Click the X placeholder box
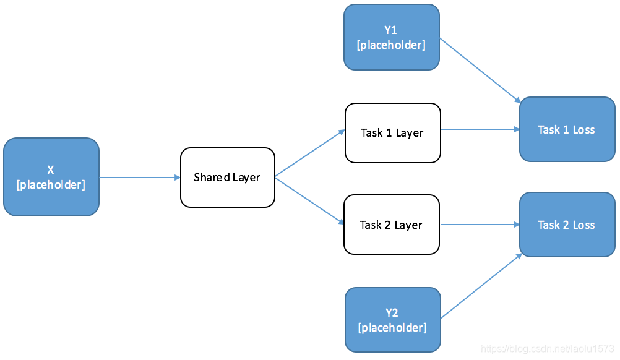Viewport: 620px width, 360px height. pyautogui.click(x=51, y=177)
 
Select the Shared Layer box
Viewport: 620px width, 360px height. pyautogui.click(x=227, y=177)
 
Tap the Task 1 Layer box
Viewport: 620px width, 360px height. pyautogui.click(x=392, y=133)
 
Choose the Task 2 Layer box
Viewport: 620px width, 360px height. pyautogui.click(x=391, y=225)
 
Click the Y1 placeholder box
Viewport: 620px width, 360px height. pyautogui.click(x=391, y=37)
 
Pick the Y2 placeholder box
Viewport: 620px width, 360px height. pyautogui.click(x=392, y=320)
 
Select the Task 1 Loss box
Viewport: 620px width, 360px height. pyautogui.click(x=567, y=129)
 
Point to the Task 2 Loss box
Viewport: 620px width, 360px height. pyautogui.click(x=567, y=225)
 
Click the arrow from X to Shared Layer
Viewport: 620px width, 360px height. pyautogui.click(x=139, y=178)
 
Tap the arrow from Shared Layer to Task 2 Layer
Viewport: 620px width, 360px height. pyautogui.click(x=309, y=201)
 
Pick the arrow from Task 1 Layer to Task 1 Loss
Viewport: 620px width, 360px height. pyautogui.click(x=480, y=129)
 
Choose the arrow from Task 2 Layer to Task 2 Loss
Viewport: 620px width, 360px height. pyautogui.click(x=480, y=225)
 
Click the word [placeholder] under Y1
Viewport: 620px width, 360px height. pyautogui.click(x=391, y=45)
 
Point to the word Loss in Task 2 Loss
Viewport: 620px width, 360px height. pyautogui.click(x=583, y=225)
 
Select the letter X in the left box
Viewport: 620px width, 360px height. pyautogui.click(x=51, y=170)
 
